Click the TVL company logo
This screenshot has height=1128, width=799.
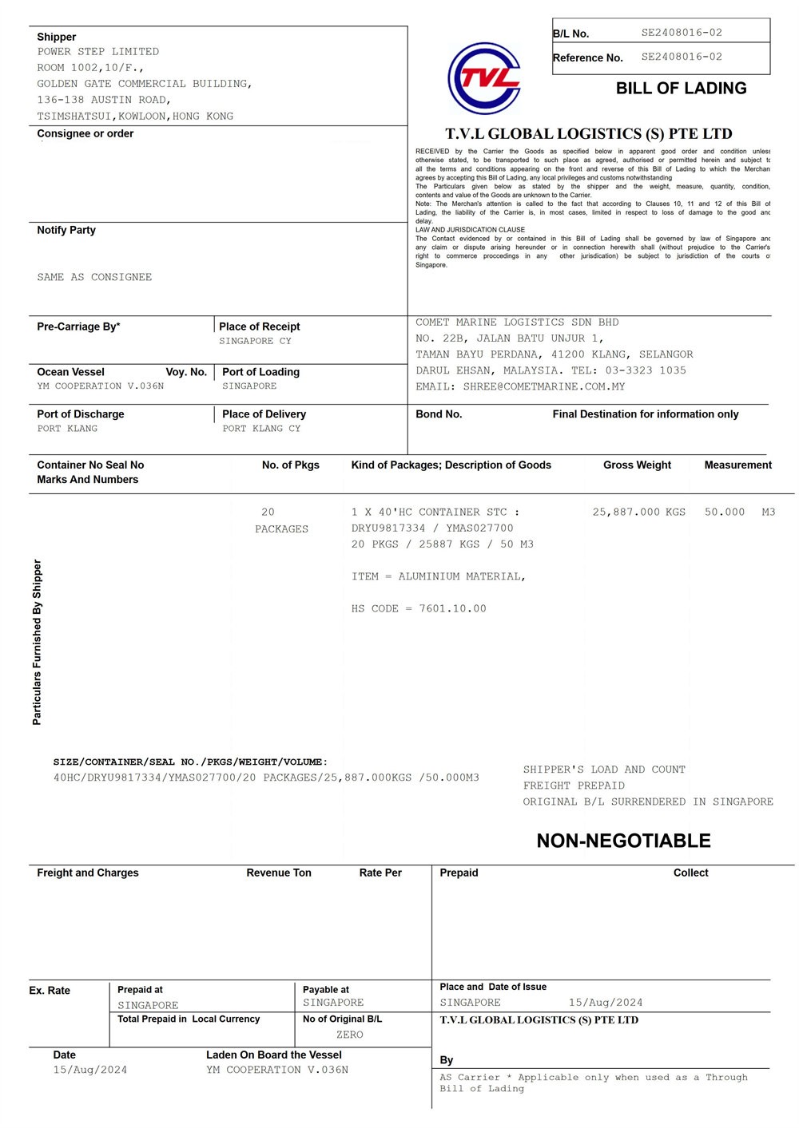[x=485, y=78]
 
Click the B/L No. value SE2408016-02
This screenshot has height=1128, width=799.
[x=681, y=33]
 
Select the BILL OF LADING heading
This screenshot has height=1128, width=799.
[x=681, y=89]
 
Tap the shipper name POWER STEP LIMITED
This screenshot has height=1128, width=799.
[x=97, y=52]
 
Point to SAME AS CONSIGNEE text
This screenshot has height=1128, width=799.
[x=94, y=277]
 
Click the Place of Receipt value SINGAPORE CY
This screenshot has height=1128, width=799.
[x=255, y=341]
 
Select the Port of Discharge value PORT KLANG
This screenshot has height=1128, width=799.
[x=67, y=429]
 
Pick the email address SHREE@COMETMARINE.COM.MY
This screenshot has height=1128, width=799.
[x=543, y=386]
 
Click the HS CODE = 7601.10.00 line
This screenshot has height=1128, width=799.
[x=419, y=608]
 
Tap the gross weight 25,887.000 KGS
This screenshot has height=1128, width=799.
[x=638, y=512]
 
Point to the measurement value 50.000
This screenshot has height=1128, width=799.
[x=724, y=512]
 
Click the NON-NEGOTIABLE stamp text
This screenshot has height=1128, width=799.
[x=623, y=841]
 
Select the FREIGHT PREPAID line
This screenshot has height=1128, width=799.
[x=574, y=786]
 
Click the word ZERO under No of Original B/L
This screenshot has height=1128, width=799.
[x=349, y=1035]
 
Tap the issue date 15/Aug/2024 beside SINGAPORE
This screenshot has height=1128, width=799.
[x=605, y=1003]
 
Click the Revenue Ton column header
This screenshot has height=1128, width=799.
[x=278, y=873]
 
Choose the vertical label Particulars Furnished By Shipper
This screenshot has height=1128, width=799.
[x=37, y=642]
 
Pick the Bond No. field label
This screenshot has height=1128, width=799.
[x=439, y=414]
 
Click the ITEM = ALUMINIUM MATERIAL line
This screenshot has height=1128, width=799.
[x=438, y=576]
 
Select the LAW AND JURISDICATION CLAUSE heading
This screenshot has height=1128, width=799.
[x=470, y=230]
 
